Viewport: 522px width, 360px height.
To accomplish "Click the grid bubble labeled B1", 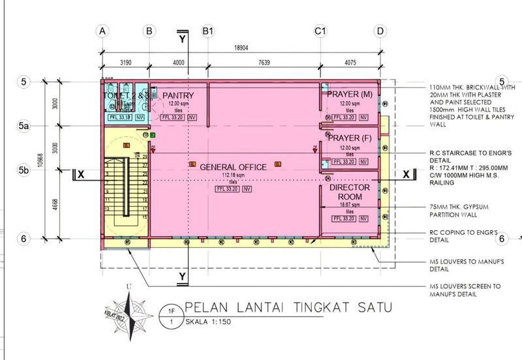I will tap(208, 31).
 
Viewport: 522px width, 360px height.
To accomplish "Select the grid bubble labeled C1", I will tap(320, 31).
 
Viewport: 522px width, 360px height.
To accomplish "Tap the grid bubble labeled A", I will tap(102, 31).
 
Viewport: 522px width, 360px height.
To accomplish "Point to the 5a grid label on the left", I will tap(23, 125).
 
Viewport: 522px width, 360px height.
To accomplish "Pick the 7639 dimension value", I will tap(264, 63).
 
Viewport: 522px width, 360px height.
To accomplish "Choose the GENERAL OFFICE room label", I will tap(233, 167).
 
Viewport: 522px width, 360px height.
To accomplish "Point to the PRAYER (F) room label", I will tap(350, 138).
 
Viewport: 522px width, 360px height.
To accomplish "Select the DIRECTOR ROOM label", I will tap(350, 192).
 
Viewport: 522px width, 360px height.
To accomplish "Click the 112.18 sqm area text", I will tap(233, 176).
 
